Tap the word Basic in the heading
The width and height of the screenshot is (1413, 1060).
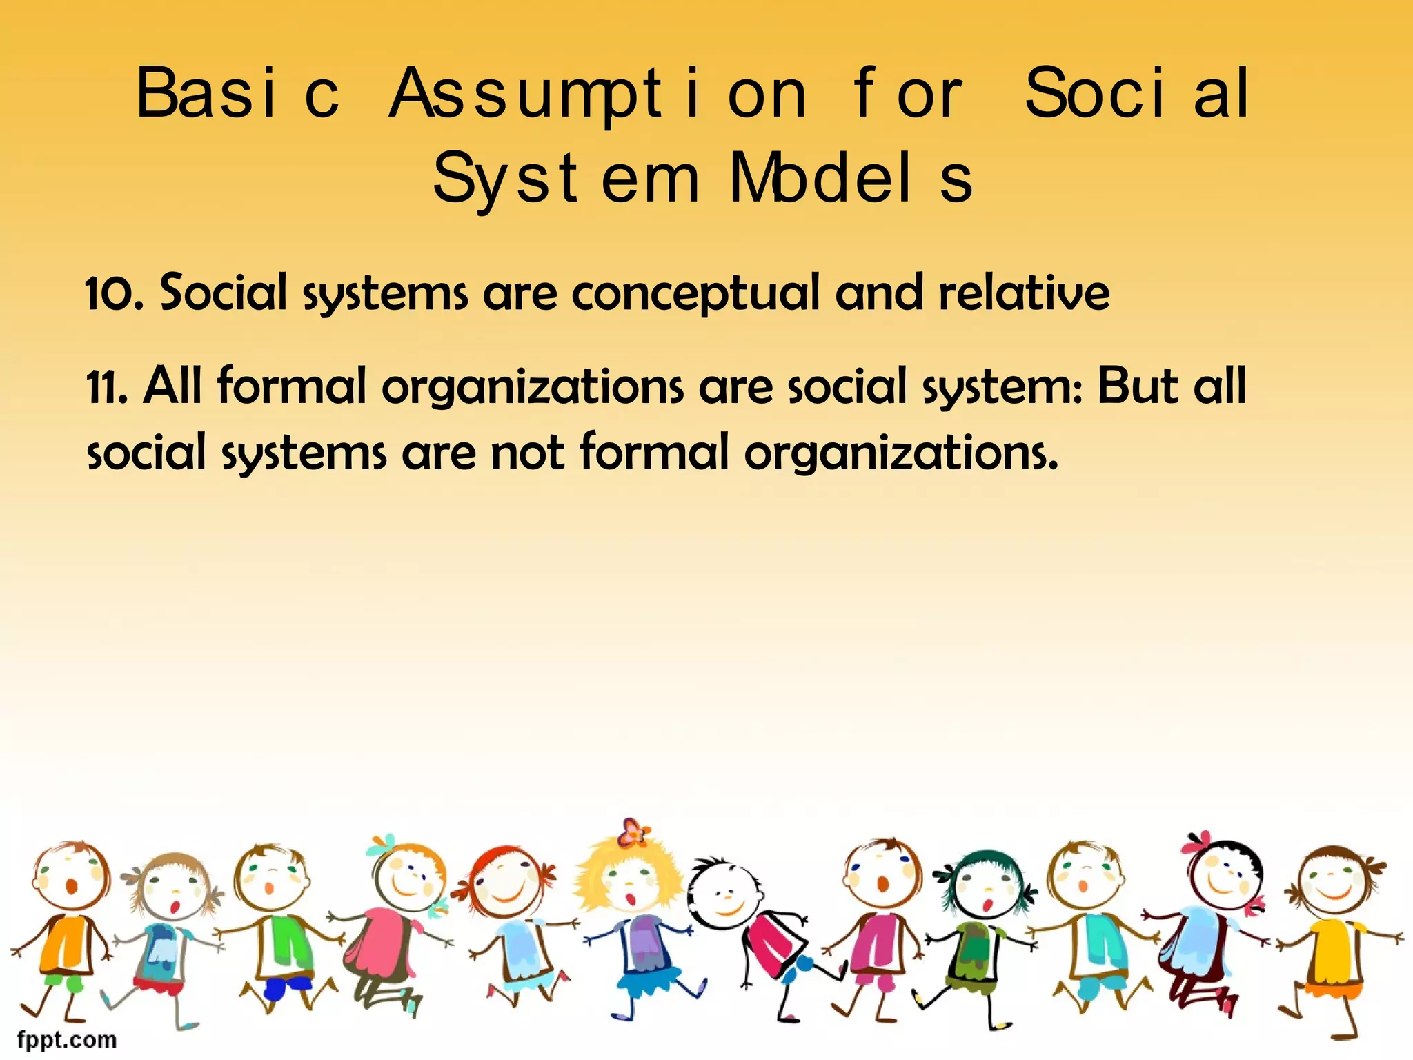tap(237, 93)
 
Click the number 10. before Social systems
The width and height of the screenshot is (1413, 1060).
tap(115, 293)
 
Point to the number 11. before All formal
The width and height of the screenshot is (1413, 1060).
tap(108, 387)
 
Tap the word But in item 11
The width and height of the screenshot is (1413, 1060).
tap(1138, 386)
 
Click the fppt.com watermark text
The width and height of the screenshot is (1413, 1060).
tap(67, 1039)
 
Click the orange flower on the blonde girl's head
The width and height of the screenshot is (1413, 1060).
tap(633, 832)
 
